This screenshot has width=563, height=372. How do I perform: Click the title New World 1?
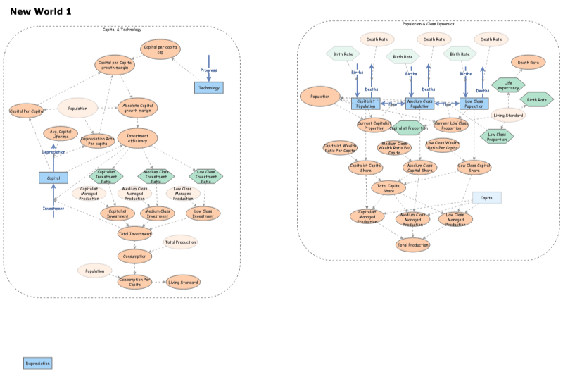[40, 12]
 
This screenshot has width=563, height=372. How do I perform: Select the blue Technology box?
[209, 87]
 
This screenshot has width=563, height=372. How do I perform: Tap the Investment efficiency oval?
[137, 137]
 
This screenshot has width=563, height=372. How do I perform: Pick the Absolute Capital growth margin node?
[137, 108]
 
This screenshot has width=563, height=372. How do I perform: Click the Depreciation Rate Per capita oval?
[98, 140]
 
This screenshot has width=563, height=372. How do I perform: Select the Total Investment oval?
[134, 233]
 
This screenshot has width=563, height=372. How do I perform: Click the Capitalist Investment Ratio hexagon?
[106, 175]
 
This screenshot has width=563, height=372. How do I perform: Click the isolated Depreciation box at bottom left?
[37, 364]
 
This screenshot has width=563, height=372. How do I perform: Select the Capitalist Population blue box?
[366, 104]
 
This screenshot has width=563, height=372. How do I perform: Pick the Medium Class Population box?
[420, 104]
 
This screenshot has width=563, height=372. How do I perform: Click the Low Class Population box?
[474, 104]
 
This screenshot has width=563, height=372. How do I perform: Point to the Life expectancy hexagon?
[507, 86]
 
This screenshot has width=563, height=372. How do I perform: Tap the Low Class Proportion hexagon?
[497, 136]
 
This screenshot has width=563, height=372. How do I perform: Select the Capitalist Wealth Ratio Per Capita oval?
[340, 148]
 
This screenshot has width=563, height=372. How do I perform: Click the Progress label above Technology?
[208, 70]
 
